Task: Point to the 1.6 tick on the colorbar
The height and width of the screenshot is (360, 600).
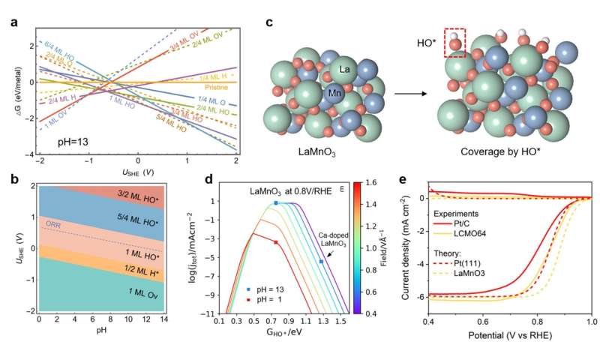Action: (x=380, y=182)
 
